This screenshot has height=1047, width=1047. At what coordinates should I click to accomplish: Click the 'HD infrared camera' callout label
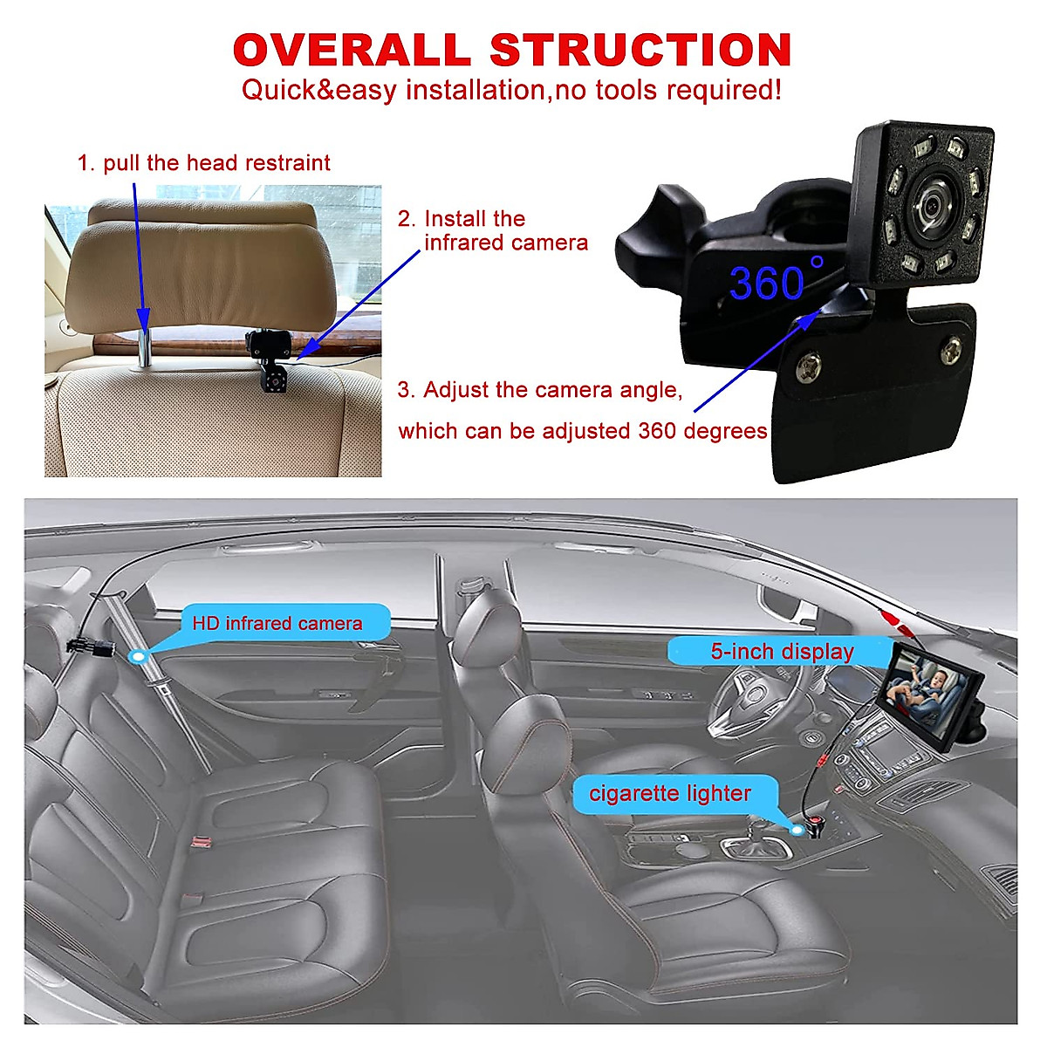click(x=277, y=624)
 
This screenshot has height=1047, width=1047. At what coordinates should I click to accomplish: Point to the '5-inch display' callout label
click(x=782, y=652)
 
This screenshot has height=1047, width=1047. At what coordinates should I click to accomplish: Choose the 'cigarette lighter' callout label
click(x=669, y=794)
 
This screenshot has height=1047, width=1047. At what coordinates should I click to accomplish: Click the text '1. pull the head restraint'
click(x=204, y=163)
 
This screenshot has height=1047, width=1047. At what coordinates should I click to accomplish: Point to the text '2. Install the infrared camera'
click(x=493, y=230)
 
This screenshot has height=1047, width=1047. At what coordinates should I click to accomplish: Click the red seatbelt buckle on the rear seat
click(x=202, y=842)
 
